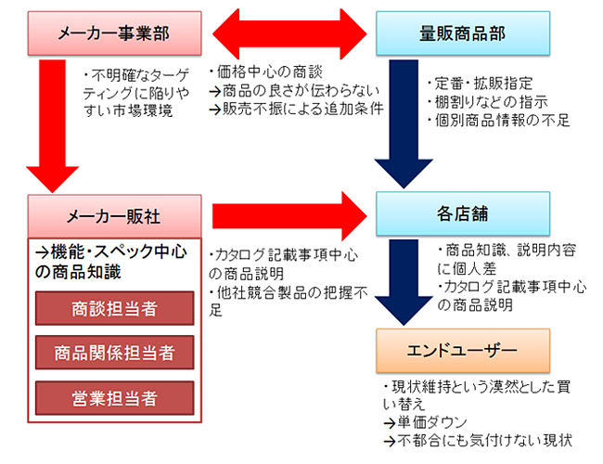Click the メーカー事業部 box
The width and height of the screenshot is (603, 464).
(x=115, y=33)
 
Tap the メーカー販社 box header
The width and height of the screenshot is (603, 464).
(x=115, y=215)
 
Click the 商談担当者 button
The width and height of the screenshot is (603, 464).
(x=115, y=308)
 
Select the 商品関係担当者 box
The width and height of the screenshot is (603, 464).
(x=115, y=353)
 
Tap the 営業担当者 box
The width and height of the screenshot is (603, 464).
(x=115, y=398)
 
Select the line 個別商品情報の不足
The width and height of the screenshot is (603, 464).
(x=497, y=120)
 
